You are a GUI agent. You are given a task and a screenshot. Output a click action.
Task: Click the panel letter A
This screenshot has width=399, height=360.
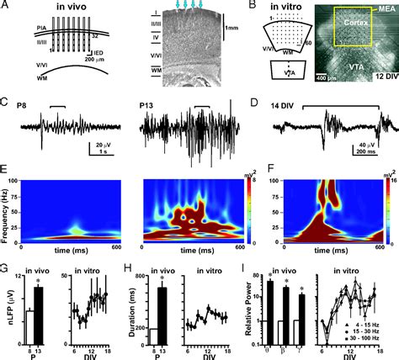point(6,7)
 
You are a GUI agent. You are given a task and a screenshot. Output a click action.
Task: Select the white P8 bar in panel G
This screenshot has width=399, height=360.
point(28,322)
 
